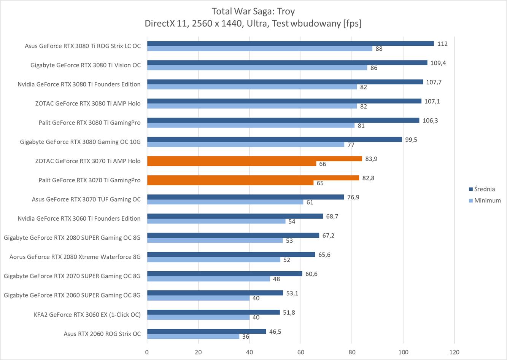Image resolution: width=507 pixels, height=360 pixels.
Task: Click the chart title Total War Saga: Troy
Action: (253, 11)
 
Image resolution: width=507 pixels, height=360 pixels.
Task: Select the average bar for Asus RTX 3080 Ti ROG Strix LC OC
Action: (290, 43)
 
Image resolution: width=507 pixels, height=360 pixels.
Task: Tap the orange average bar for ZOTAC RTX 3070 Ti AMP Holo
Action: (254, 159)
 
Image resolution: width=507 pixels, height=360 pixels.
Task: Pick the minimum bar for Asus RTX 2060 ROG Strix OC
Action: (193, 336)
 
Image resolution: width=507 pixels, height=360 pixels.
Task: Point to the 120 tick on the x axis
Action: (454, 352)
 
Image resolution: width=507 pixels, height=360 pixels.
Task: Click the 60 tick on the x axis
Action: (301, 352)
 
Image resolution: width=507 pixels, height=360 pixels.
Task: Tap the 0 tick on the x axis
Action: (147, 352)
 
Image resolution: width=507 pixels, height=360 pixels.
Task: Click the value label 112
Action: (442, 44)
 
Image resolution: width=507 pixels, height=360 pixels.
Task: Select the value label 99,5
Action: (411, 140)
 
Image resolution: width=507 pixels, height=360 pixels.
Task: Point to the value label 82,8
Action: (368, 178)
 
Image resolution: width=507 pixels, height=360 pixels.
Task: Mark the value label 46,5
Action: (275, 331)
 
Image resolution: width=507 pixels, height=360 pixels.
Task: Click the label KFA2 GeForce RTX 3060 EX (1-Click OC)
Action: (87, 314)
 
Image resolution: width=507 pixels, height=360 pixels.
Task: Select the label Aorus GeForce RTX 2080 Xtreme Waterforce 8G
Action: (75, 257)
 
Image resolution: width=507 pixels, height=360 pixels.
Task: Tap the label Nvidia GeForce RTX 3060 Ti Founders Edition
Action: (79, 218)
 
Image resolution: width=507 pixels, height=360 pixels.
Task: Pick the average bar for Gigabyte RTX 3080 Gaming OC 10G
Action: (275, 140)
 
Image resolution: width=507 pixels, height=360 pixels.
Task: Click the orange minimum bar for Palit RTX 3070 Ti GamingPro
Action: (230, 183)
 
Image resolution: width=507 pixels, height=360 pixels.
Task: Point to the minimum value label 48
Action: (277, 279)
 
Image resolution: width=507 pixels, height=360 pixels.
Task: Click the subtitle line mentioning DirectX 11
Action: (253, 24)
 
